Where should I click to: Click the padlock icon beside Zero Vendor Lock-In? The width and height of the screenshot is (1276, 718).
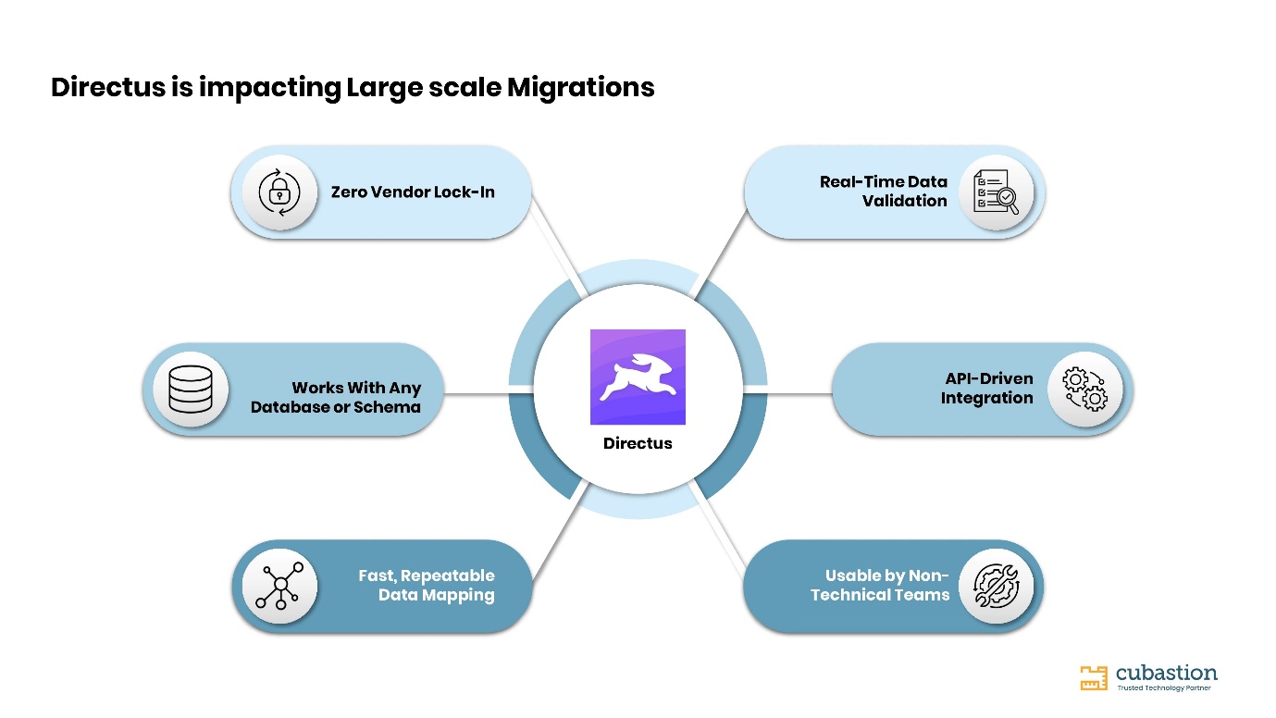pos(279,192)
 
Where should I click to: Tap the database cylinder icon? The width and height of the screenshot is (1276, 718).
pos(191,390)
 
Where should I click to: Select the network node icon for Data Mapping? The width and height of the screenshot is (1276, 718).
pos(279,586)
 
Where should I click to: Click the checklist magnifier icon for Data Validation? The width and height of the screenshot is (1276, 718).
pos(996,192)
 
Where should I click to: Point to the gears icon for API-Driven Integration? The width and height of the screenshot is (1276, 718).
pos(1084,390)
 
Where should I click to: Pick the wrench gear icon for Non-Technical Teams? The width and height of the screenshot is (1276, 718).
pos(996,586)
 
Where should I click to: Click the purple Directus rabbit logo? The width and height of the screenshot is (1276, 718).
pos(638,377)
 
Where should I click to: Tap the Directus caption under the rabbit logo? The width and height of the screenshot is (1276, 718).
pos(638,443)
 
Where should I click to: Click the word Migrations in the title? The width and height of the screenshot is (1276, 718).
pos(580,87)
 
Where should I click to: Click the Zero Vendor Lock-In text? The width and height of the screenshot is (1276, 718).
pos(413,192)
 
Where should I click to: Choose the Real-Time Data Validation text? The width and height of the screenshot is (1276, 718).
pos(884,192)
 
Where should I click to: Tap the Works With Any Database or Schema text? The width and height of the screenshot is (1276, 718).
pos(336,398)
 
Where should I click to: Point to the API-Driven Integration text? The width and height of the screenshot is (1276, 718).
pos(986,389)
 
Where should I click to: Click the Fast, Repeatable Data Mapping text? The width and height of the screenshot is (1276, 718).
pos(426,586)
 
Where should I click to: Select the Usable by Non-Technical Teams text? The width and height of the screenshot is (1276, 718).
pos(880,586)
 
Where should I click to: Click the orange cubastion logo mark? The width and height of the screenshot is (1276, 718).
pos(1094,678)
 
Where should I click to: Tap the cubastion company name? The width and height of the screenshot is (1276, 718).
pos(1166,673)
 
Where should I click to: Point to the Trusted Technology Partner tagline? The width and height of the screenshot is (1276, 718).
pos(1164,687)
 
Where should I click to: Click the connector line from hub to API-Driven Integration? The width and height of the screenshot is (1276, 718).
pos(799,393)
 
